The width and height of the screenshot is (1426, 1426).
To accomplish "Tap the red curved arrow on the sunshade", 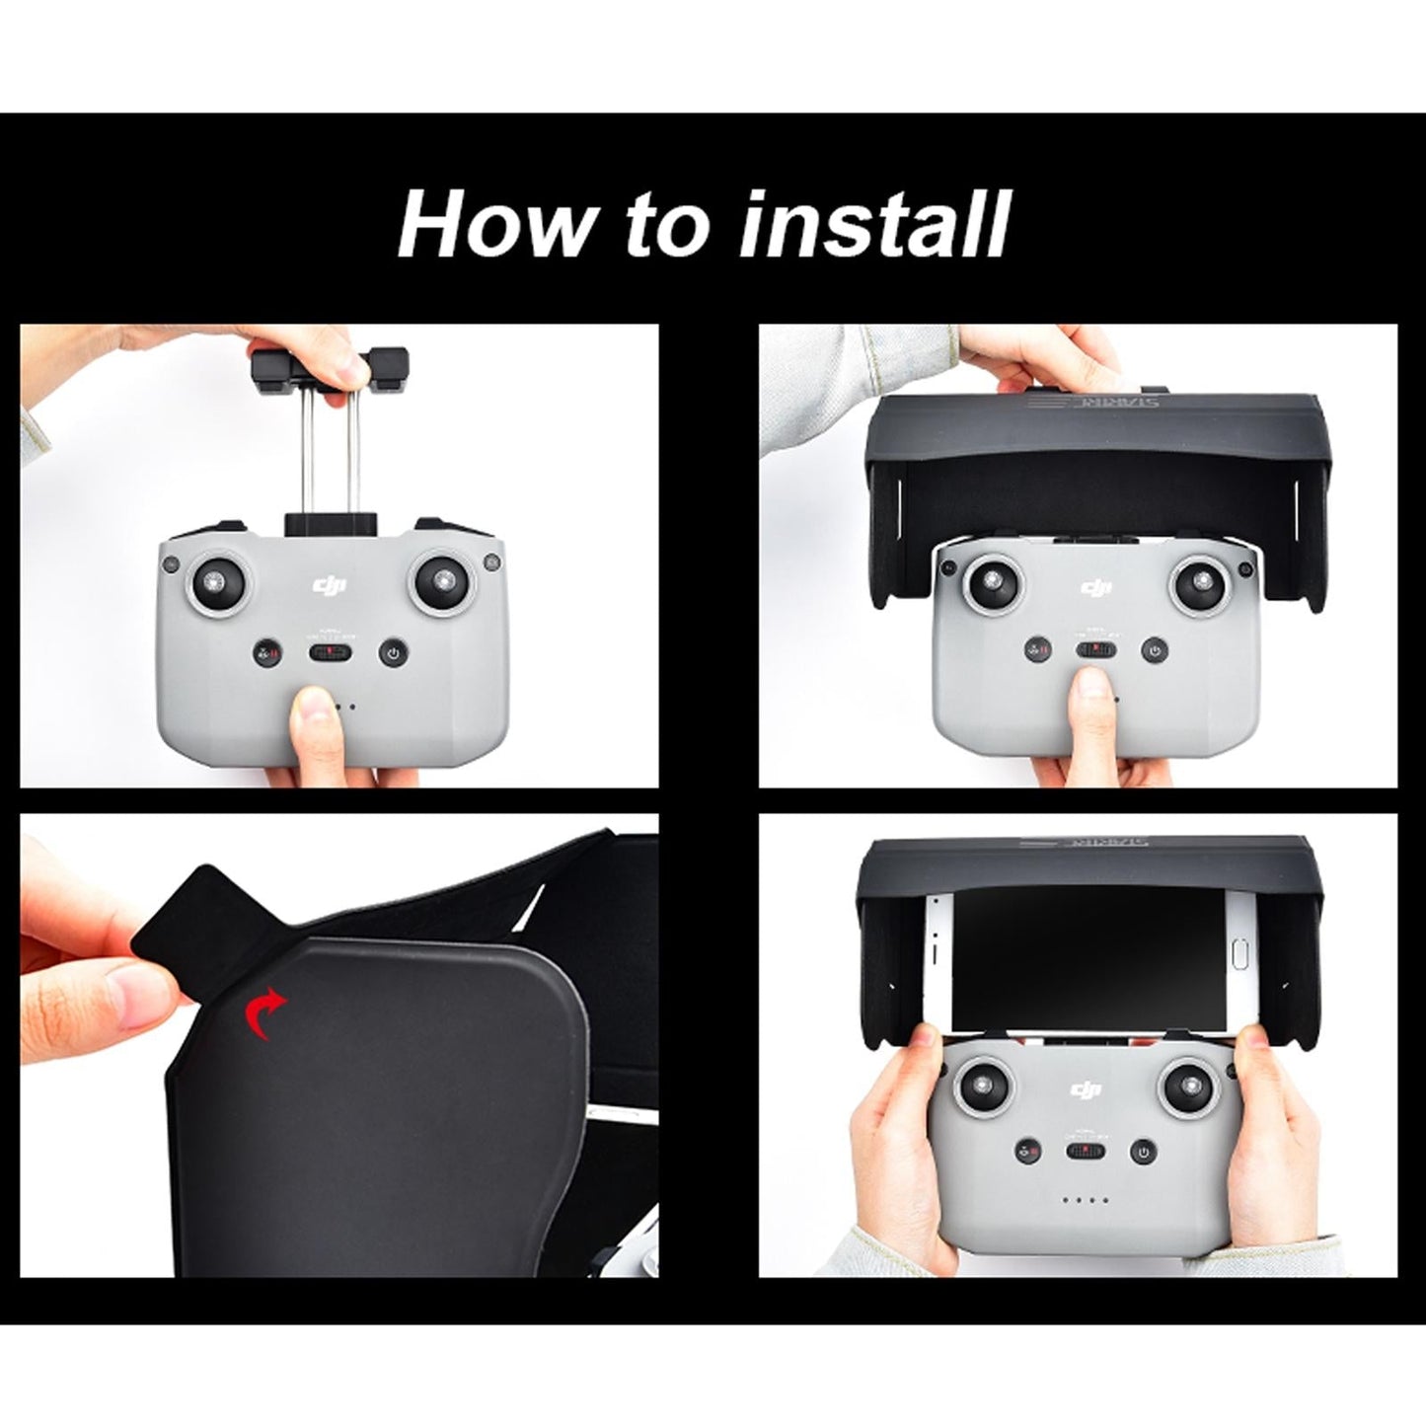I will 265,1014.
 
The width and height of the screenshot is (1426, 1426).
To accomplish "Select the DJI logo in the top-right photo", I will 1094,588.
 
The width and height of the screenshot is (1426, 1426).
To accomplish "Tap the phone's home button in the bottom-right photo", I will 1241,956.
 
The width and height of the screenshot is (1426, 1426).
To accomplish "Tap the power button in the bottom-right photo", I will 1143,1152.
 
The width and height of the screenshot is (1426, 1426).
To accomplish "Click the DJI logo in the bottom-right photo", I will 1084,1089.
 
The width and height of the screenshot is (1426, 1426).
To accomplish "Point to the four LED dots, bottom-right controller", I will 1085,1201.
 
